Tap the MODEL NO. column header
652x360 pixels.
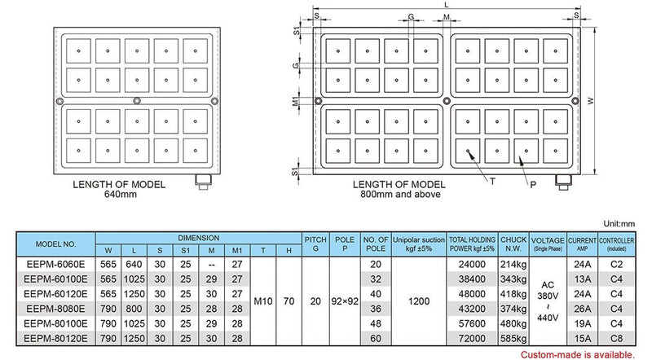tap(55, 244)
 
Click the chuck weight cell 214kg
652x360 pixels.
tap(514, 264)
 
